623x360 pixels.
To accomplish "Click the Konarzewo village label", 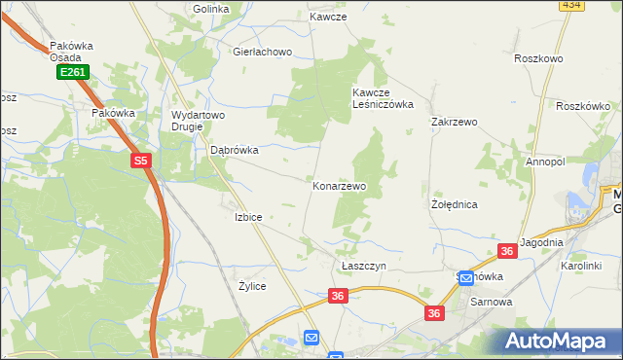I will pos(339,185).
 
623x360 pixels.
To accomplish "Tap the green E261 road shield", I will pos(72,72).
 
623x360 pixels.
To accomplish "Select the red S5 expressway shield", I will pos(142,161).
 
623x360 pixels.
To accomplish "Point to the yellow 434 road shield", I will pos(571,5).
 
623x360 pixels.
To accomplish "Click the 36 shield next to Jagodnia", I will pos(506,251).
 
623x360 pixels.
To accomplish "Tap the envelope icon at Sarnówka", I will pos(466,278).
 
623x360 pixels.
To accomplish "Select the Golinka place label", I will pos(210,9).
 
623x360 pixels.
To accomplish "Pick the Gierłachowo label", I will pos(262,52).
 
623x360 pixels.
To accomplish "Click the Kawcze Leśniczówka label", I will pos(383,98).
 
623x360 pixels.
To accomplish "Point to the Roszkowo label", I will pos(538,58).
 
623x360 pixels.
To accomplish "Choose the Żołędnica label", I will pos(454,205).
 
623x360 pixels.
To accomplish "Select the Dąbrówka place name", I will pos(235,150).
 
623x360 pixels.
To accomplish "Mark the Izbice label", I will pos(247,217).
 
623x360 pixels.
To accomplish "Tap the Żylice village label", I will pos(252,286).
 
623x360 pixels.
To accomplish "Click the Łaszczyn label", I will pos(364,266).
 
